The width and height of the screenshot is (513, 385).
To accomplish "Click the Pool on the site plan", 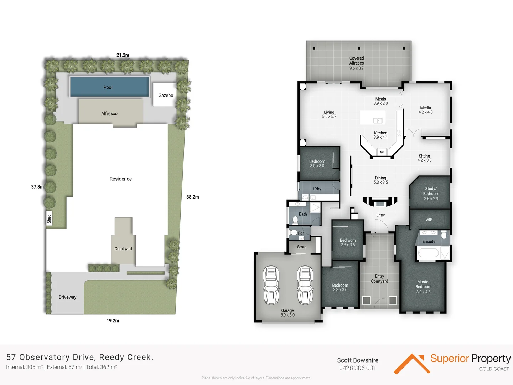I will pos(109,87).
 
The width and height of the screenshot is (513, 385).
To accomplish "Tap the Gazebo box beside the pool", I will pos(165,95).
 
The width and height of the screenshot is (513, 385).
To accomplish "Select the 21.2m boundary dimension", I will pos(123,55).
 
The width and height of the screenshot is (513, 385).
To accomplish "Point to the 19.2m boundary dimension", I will pos(113,321).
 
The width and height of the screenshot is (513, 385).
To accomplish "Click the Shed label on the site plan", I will pos(49,219).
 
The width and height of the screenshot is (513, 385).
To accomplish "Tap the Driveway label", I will pos(67,297).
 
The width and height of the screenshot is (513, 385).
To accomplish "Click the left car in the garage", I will pos(271,285).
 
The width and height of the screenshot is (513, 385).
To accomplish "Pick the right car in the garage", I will pos(305,285).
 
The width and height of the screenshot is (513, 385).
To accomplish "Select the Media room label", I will pos(425,110).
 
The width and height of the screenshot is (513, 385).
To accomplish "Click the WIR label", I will pos(429,220).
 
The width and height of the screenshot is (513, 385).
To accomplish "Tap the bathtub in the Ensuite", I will pos(428,253).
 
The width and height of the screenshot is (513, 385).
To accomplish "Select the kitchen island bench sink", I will pos(378,120).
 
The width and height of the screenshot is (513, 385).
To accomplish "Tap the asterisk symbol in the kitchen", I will pos(382,152).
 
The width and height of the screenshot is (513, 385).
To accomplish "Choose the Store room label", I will pos(302,247).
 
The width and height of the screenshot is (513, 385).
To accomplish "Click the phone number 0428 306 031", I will pos(357,368).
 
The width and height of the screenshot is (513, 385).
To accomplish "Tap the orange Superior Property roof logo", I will pos(410,363).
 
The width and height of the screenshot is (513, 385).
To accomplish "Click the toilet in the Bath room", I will pos(295,220).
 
